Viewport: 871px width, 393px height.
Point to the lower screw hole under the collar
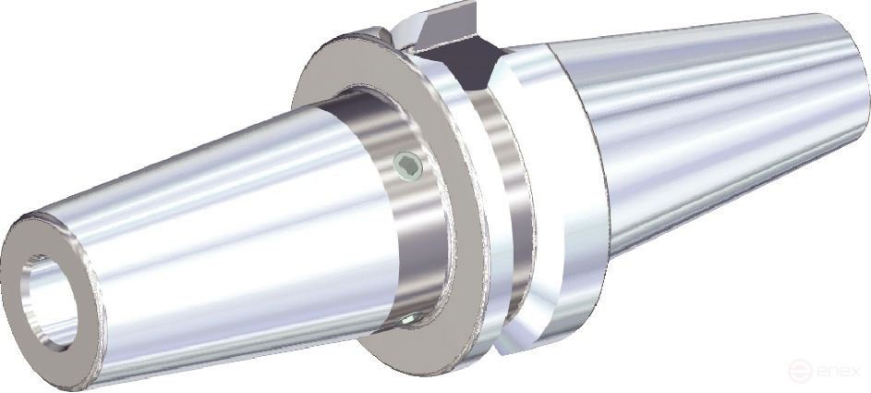(409, 320)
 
